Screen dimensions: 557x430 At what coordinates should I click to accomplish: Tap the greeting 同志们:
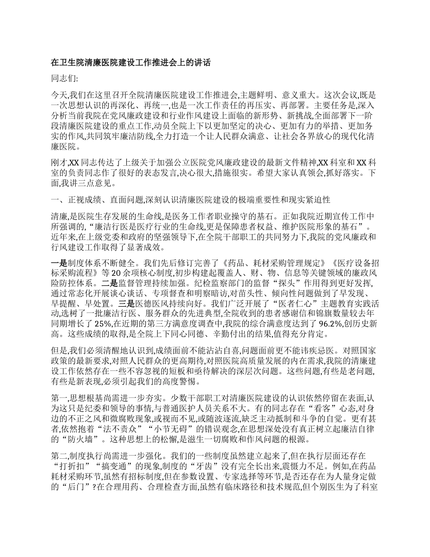(65, 79)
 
